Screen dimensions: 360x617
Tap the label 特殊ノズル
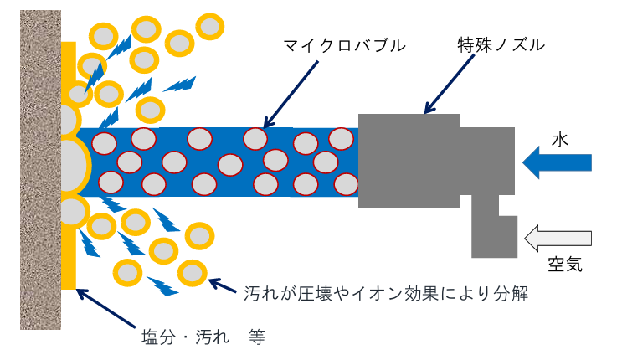[501, 44]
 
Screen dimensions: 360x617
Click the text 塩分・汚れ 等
[203, 337]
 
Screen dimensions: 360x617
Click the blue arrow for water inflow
[557, 161]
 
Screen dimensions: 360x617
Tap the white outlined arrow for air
[558, 239]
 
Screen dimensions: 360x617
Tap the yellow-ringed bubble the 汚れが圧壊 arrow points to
[193, 272]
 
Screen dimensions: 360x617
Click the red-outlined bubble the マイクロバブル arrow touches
[255, 139]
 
